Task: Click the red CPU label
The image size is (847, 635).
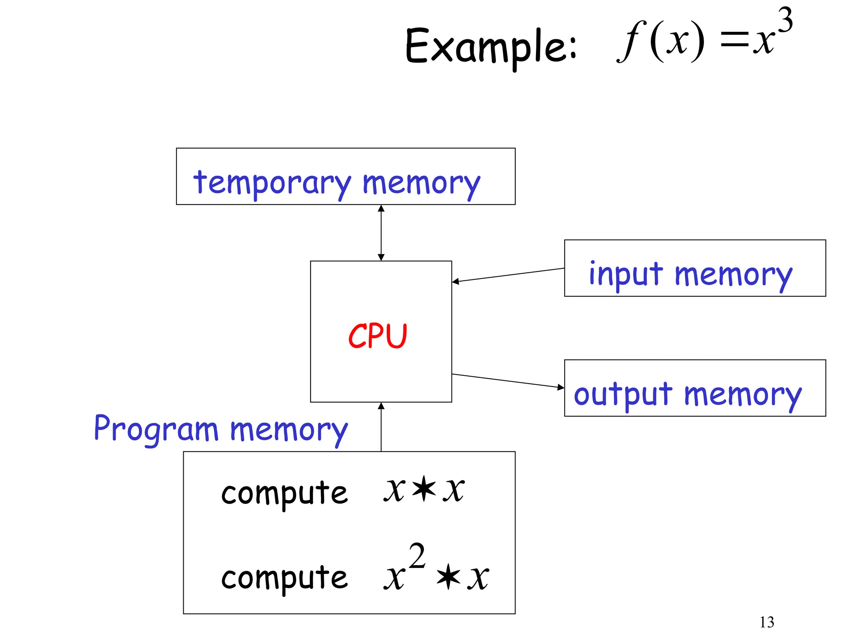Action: [378, 336]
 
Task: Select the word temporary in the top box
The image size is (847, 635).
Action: [272, 183]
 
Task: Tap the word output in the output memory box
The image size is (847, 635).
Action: [623, 394]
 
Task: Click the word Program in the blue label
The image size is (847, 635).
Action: [156, 430]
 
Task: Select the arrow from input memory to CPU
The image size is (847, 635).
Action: [508, 275]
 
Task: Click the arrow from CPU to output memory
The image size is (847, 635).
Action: [508, 381]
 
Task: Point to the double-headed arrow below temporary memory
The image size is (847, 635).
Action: [381, 233]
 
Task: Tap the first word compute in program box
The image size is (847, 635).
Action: [285, 493]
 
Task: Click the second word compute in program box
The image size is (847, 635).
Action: [285, 578]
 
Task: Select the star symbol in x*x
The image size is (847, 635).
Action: [424, 489]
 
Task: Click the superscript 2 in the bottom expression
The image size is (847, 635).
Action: [417, 556]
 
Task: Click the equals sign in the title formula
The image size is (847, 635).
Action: [734, 41]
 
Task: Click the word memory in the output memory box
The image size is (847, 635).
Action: [742, 396]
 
